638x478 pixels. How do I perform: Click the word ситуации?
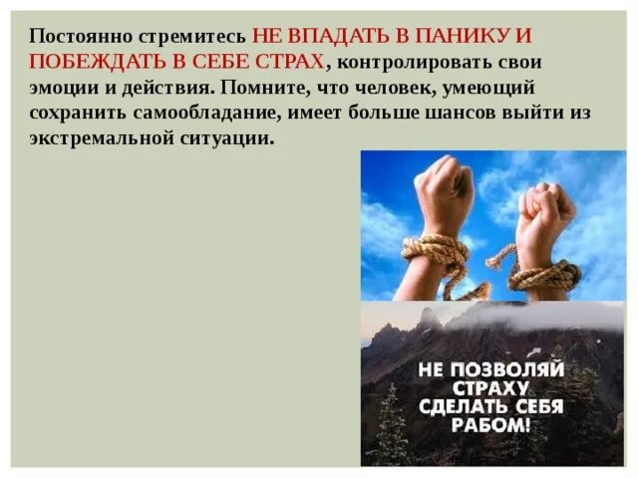[226, 138]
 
